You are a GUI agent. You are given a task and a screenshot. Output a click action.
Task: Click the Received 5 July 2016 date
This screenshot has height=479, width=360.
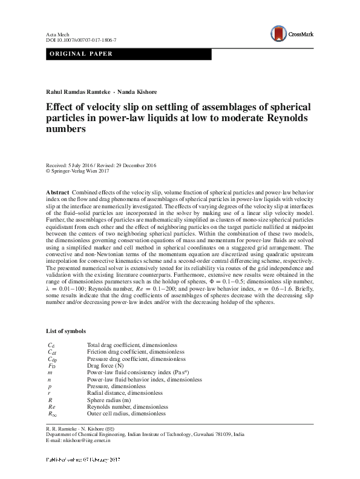pyautogui.click(x=70, y=165)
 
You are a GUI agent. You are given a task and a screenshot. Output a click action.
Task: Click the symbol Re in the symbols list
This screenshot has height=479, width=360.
pyautogui.click(x=51, y=406)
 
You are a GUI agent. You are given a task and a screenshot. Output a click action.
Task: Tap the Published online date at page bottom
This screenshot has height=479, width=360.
pyautogui.click(x=83, y=461)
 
